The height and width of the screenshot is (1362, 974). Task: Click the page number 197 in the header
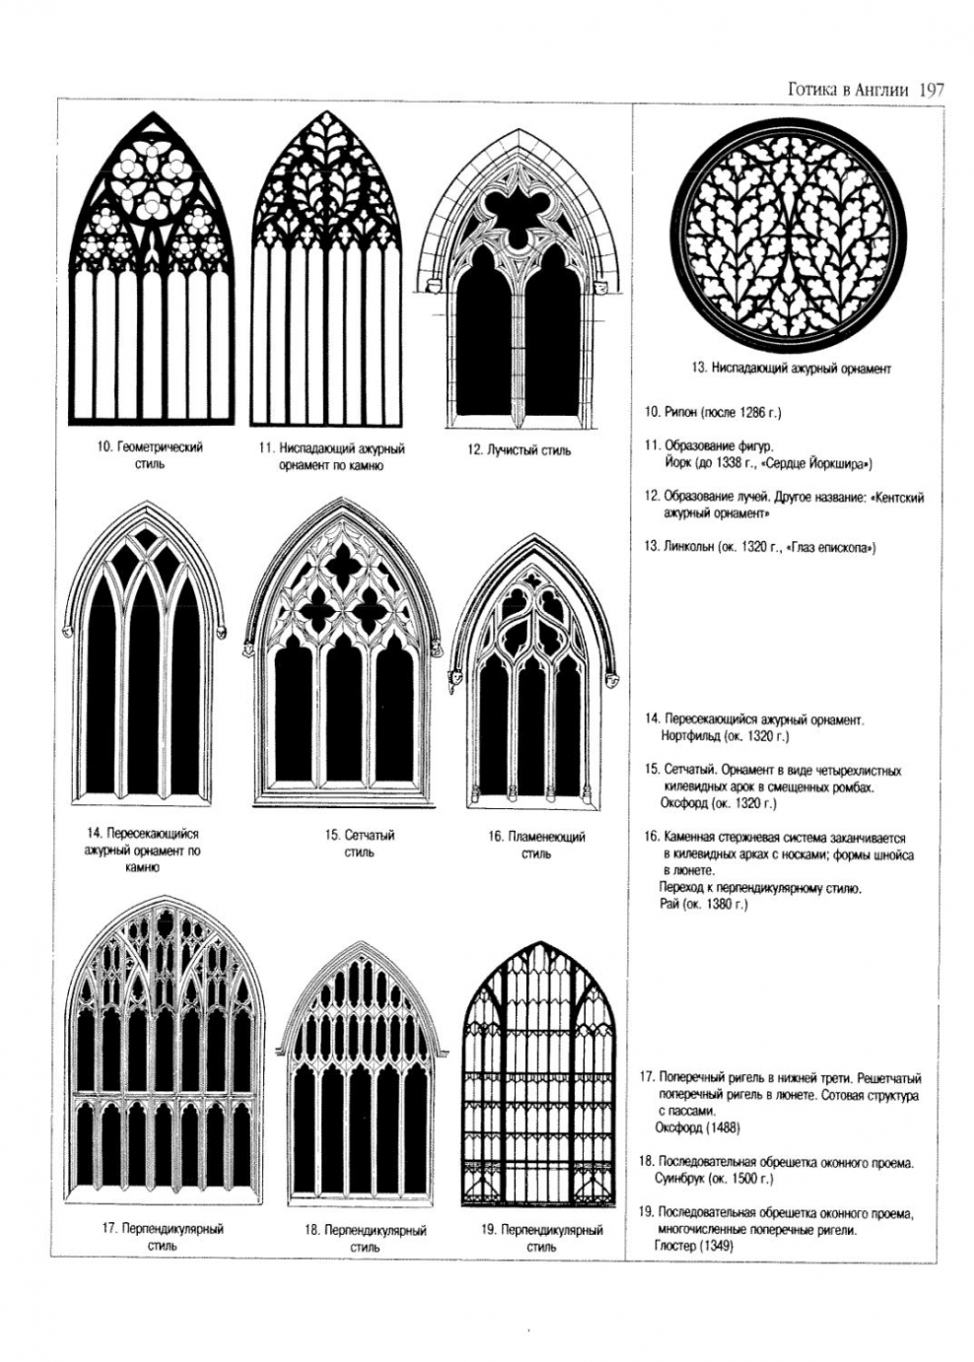coord(931,89)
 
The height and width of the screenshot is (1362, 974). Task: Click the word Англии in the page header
coord(882,89)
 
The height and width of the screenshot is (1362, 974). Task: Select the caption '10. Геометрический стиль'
coord(149,454)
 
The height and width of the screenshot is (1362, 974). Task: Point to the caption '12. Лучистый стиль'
coord(519,450)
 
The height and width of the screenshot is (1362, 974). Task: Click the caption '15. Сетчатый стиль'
coord(359,843)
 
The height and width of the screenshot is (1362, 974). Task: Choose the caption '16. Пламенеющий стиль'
coord(536,845)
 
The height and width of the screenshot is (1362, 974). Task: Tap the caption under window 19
coord(541,1238)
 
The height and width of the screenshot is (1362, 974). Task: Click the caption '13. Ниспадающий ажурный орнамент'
coord(791,369)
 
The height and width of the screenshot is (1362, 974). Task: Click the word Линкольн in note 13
coord(688,547)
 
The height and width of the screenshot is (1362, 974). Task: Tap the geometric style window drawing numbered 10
coord(152,271)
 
